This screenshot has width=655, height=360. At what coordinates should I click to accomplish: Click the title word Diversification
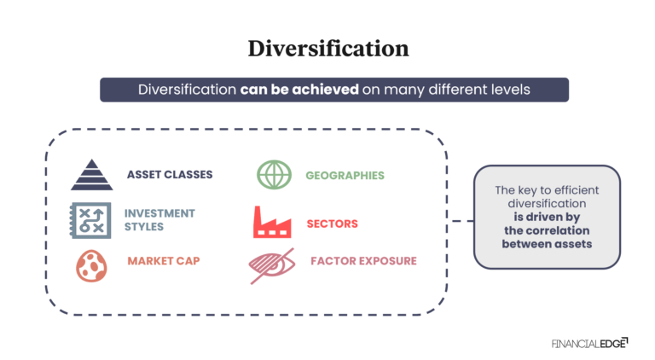pos(327,49)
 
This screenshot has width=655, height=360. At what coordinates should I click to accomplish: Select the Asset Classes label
pos(170,175)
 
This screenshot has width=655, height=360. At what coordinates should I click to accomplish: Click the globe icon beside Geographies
pos(274,175)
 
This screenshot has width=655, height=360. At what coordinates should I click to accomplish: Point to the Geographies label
pos(345,175)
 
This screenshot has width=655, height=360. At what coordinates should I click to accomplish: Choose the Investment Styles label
pos(159,219)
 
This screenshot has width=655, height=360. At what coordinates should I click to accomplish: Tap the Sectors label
pos(332,224)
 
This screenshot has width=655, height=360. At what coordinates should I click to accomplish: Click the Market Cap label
pos(164,260)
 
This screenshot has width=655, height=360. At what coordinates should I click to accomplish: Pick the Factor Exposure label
pos(363,260)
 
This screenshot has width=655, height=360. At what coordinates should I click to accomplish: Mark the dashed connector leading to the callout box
pos(461,221)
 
